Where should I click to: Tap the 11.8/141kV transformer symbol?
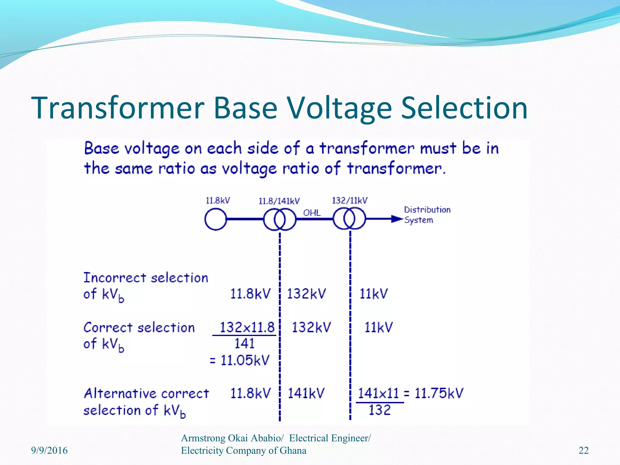tap(279, 219)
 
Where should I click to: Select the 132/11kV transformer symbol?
tap(349, 219)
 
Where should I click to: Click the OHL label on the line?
tap(312, 213)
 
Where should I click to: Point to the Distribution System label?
tap(427, 215)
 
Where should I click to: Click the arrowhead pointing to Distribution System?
tap(396, 219)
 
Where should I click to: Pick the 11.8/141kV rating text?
tap(279, 201)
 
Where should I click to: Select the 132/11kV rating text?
tap(350, 200)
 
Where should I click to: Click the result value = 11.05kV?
tap(240, 360)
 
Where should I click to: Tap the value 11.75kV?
tap(439, 393)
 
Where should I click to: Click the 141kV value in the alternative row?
tap(306, 393)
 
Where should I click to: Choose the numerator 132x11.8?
tap(247, 327)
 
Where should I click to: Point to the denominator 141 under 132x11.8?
tap(245, 344)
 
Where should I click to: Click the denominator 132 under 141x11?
tap(380, 410)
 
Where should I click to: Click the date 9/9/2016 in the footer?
tap(49, 450)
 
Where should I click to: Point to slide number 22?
tap(583, 450)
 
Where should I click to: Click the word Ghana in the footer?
tap(293, 450)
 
